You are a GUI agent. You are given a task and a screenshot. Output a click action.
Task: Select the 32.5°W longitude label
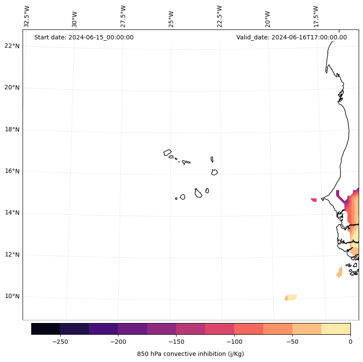click(27, 16)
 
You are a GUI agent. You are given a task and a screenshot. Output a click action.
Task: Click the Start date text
click(84, 37)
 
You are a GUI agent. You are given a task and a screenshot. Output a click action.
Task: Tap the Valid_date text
click(291, 37)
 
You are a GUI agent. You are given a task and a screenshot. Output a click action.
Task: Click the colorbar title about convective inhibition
click(190, 354)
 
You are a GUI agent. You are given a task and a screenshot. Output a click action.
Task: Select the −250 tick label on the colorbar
click(60, 342)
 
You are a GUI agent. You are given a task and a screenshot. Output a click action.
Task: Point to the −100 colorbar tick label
click(234, 342)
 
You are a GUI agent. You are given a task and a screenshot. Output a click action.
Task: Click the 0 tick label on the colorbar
click(350, 342)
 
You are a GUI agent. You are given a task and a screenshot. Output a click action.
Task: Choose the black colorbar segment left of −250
click(46, 329)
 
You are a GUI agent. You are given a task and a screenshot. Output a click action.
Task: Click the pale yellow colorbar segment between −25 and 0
click(336, 329)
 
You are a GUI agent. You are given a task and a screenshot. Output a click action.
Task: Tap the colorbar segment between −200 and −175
click(132, 329)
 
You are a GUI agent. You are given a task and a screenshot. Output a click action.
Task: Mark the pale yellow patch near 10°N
click(291, 297)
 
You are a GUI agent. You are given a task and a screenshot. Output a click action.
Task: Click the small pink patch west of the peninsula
click(314, 200)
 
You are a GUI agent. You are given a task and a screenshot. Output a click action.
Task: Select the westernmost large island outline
click(167, 152)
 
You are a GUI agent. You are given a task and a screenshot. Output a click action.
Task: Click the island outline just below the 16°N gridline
click(214, 172)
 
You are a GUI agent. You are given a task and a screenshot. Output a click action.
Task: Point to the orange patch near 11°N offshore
click(339, 272)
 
